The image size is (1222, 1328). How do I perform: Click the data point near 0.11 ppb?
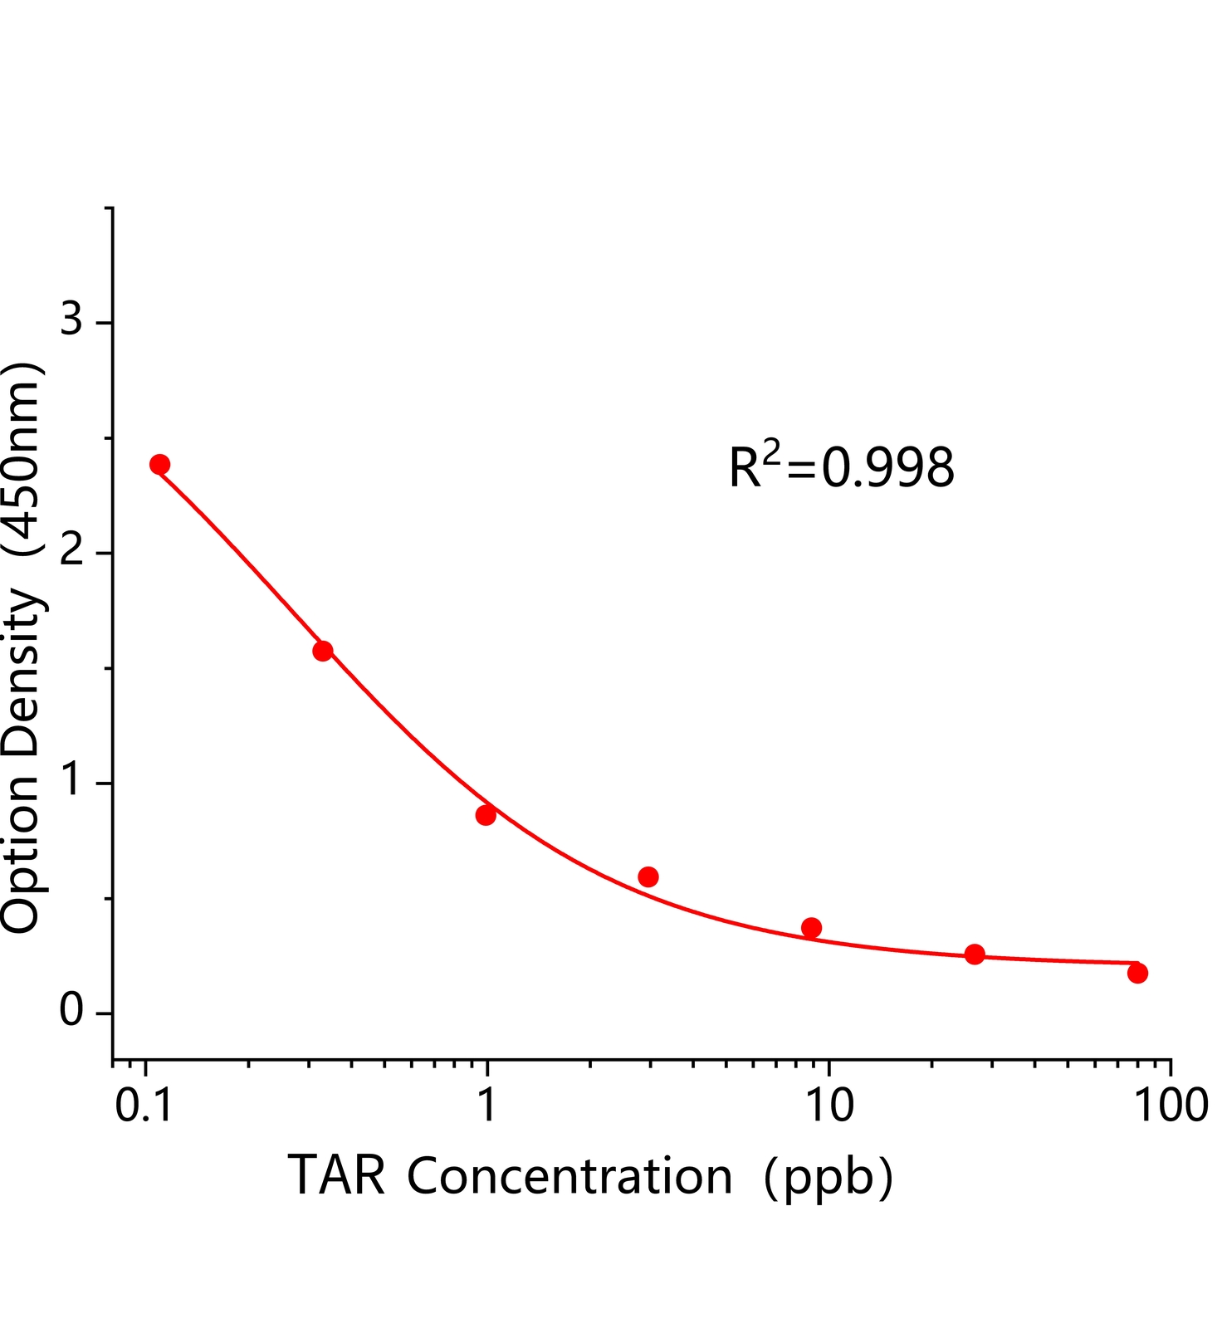point(159,464)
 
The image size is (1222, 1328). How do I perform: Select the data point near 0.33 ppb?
point(323,651)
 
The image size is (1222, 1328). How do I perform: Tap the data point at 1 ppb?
point(486,815)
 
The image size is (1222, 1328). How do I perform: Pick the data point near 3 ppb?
point(648,876)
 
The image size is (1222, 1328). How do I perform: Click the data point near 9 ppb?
point(811,927)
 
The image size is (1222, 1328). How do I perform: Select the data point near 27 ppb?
point(975,954)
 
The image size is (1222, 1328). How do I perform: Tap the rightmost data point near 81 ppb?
point(1137,973)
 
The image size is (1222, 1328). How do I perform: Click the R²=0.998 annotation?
point(841,467)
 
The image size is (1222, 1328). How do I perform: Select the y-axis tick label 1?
point(73,779)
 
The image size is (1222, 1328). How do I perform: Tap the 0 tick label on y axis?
point(71,1010)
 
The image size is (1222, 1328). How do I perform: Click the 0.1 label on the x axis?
point(144,1106)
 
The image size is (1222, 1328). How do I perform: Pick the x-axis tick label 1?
point(488,1106)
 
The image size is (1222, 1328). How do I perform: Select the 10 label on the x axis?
point(829,1106)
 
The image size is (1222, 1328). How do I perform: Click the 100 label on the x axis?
point(1171,1106)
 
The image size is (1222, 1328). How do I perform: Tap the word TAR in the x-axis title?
point(337,1176)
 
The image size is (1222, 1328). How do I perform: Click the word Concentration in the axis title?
point(569,1176)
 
